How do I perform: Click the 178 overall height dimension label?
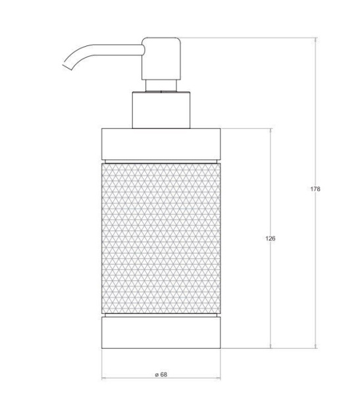(315, 189)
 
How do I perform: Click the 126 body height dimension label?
(270, 238)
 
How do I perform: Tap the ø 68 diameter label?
(161, 375)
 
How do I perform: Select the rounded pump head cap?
(161, 59)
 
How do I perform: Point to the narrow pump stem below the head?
(161, 86)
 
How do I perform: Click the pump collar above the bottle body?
(161, 110)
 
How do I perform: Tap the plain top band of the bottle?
(161, 144)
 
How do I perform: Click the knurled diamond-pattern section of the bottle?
(161, 238)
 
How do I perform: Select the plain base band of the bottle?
(161, 332)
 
